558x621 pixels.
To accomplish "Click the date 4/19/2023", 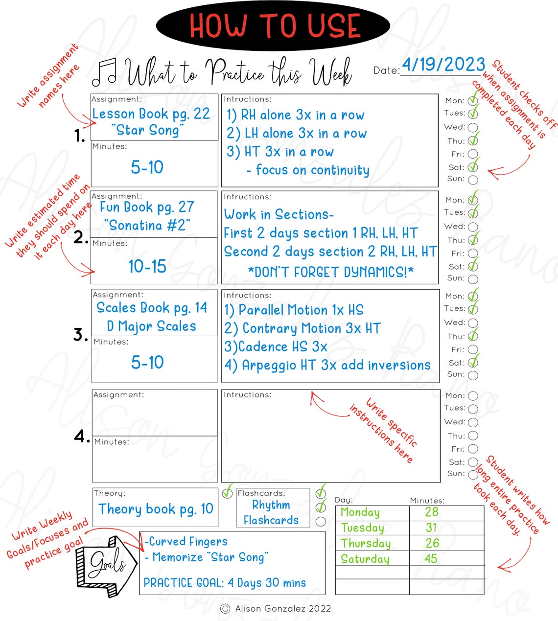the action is [x=443, y=65].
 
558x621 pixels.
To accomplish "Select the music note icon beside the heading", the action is [x=104, y=72].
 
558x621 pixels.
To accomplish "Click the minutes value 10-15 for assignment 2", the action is [x=147, y=267].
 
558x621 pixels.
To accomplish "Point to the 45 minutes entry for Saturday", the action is [x=431, y=559].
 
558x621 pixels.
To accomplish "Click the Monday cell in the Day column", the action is [x=360, y=512].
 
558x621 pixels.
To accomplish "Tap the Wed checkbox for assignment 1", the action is [x=473, y=128].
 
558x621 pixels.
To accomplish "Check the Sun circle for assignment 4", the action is [x=473, y=475].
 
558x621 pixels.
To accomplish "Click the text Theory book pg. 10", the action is [x=156, y=509].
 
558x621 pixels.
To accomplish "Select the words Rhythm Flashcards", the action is [x=271, y=512].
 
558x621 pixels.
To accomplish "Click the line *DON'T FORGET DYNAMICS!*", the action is [x=331, y=272].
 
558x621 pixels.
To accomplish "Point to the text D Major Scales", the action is [x=151, y=326].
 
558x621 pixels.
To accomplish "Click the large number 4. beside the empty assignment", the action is [x=82, y=436].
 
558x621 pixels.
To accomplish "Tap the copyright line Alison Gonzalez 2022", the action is [x=277, y=609].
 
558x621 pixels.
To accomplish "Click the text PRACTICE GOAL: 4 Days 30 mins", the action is [x=225, y=583].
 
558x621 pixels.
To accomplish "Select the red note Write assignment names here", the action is [x=48, y=76].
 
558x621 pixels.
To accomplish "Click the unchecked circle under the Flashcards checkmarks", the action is [x=321, y=522].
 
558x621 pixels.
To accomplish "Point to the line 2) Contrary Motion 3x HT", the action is [x=302, y=328].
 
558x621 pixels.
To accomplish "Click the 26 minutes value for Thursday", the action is [x=432, y=543].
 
